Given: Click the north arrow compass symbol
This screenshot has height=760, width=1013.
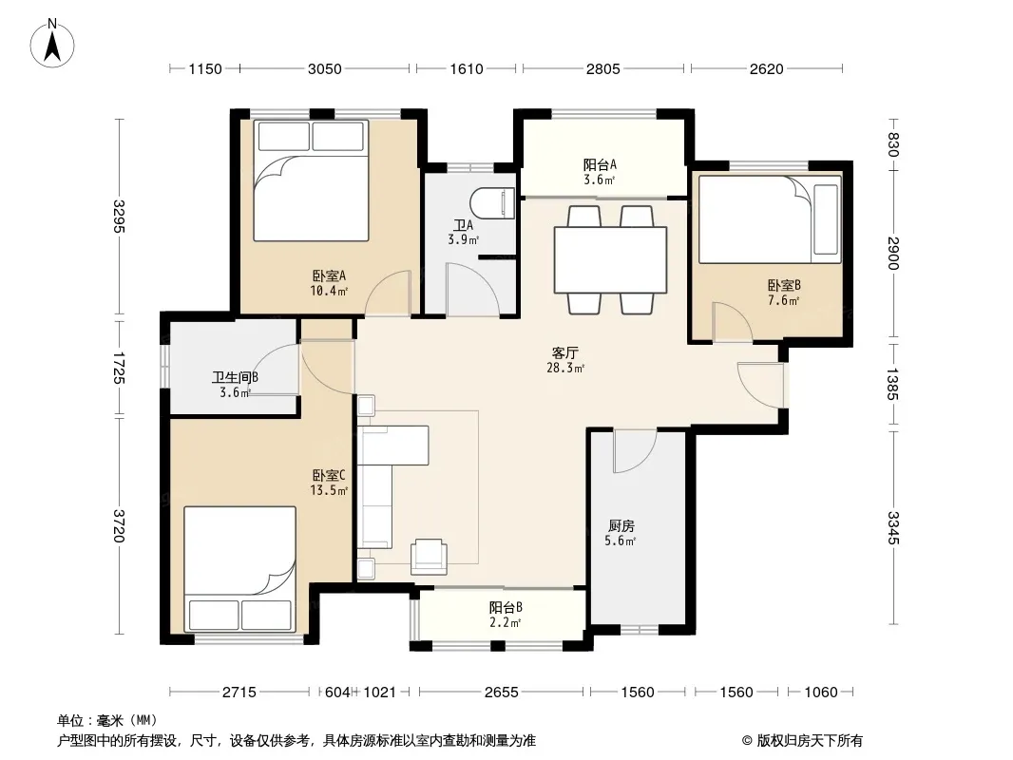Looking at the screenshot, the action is (52, 44).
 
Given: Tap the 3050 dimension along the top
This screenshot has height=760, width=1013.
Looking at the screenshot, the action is (324, 69).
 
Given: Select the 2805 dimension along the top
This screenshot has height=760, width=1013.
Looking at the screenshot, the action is (602, 69).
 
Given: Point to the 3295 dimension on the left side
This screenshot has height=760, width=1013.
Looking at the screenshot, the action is (119, 217).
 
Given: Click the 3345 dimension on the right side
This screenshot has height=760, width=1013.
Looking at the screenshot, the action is (893, 527).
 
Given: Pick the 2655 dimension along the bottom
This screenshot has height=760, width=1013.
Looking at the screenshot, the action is (502, 693).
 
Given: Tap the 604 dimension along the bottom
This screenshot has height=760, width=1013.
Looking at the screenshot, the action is (337, 693).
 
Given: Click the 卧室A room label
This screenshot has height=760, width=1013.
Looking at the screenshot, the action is (330, 276).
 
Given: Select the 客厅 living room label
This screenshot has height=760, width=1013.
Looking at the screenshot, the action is (565, 352).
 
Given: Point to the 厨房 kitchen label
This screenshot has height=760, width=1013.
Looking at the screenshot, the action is (621, 525).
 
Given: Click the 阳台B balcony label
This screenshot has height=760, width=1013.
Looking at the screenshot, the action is (506, 608).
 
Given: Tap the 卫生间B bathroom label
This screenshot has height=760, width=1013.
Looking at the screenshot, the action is (235, 377).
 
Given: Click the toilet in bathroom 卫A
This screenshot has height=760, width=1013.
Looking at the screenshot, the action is (493, 202).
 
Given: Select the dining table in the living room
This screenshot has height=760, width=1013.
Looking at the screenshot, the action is (610, 259).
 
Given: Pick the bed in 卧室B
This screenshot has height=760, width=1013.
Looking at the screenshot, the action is (770, 219).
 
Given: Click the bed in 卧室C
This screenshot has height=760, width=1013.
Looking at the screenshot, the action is (239, 568).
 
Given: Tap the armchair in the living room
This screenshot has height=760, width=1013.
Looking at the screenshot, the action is (429, 556).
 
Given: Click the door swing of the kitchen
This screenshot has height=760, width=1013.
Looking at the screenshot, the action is (635, 450).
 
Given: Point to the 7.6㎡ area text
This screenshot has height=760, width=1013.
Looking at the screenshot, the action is (784, 300).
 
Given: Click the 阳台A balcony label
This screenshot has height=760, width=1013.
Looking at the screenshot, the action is (601, 164).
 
